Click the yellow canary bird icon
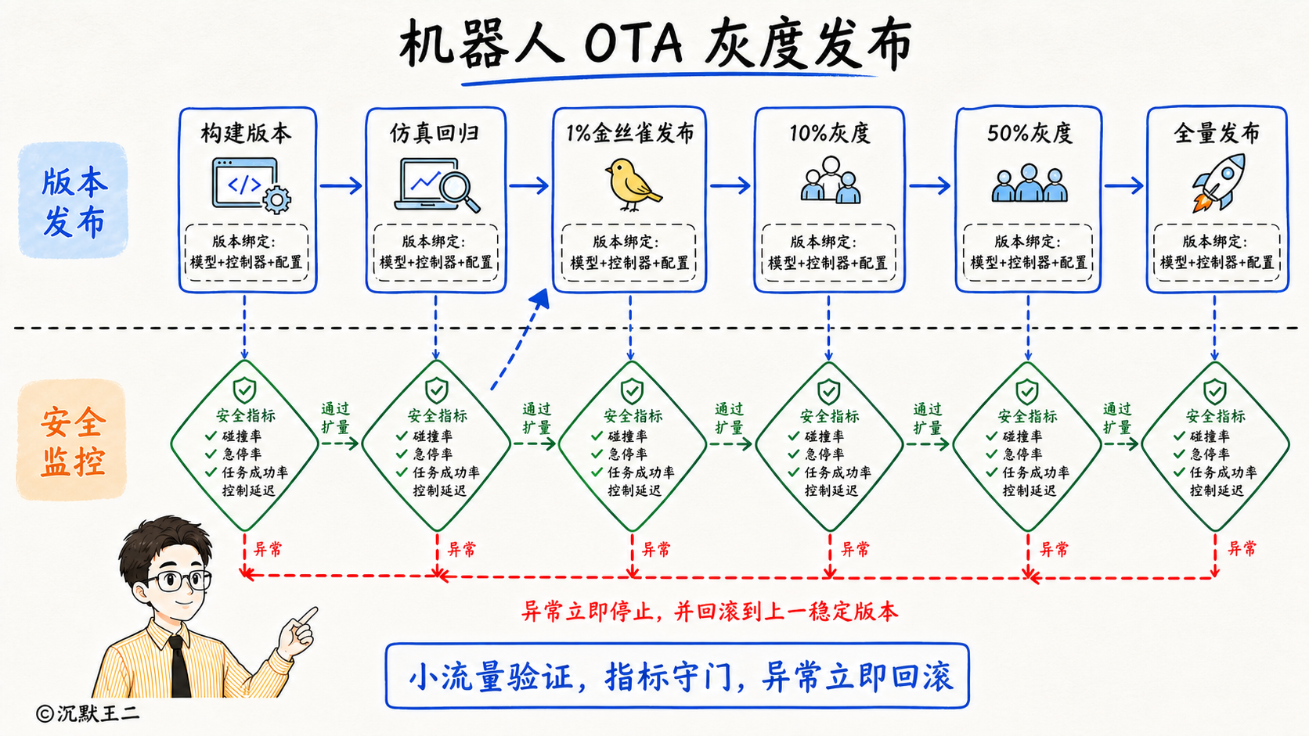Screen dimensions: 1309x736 point(633,185)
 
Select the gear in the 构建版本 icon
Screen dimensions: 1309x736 point(276,199)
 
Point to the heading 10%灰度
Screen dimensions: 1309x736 point(830,134)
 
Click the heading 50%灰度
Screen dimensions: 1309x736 point(1030,134)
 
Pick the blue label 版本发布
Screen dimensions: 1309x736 point(74,202)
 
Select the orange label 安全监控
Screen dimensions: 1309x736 point(73,441)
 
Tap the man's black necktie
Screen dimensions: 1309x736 point(178,666)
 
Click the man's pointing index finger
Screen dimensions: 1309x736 point(306,616)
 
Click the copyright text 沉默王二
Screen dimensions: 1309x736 point(98,713)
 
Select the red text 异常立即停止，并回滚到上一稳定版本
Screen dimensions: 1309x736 point(709,611)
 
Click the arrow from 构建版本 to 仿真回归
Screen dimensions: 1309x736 point(341,185)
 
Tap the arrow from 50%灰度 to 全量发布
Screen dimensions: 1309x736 point(1123,185)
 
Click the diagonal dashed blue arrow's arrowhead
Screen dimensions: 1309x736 point(540,299)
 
